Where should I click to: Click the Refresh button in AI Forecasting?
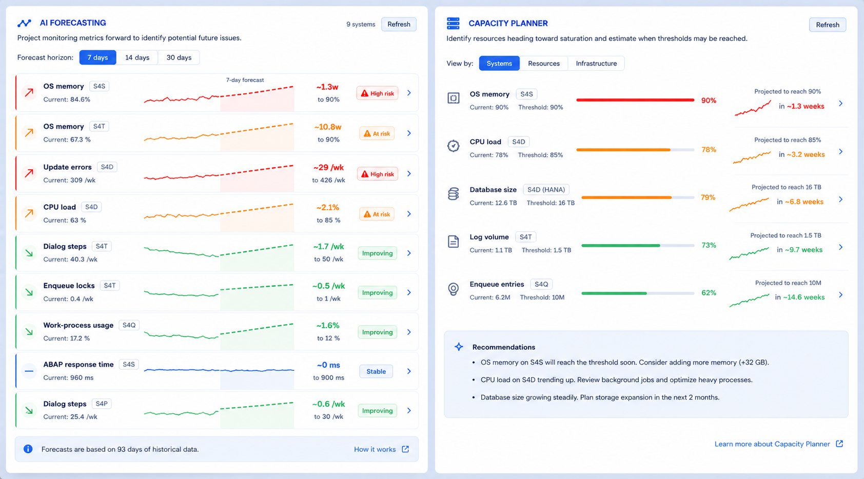399,24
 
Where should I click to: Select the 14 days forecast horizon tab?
137,57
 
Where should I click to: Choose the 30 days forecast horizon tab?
179,57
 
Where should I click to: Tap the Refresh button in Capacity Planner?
828,25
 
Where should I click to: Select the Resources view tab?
543,63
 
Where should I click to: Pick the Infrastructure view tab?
596,63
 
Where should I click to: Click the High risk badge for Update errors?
377,174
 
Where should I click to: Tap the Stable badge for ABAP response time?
376,371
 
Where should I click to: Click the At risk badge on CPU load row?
377,214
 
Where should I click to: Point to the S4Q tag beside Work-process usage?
129,325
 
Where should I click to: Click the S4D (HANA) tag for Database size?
546,190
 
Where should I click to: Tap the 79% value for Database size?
708,197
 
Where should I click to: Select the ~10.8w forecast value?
327,127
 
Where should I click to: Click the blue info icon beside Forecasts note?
28,449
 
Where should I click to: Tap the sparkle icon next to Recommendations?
459,347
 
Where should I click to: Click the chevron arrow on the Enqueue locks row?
409,292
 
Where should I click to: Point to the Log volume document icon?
453,242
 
